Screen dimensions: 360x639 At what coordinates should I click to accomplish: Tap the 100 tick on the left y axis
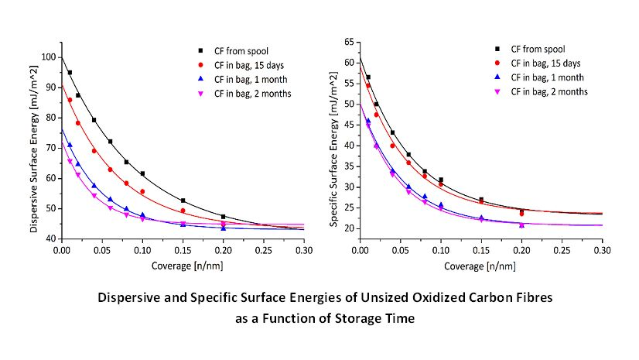48,57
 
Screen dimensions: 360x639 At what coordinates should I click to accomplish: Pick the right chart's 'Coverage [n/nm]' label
480,266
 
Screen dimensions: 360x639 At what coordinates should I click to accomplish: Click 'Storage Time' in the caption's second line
378,317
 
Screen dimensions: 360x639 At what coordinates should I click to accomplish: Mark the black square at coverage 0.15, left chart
183,201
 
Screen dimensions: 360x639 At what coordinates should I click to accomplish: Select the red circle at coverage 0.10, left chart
142,191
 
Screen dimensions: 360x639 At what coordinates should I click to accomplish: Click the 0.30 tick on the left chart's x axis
303,250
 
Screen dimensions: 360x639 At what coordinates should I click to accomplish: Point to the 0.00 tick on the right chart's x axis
360,250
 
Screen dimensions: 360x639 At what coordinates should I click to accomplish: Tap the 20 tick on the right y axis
347,228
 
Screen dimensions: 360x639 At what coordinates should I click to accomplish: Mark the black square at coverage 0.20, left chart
223,217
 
